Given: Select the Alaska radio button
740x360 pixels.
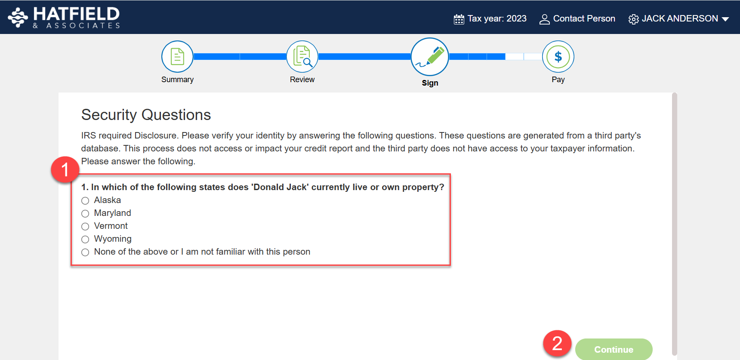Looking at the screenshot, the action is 85,200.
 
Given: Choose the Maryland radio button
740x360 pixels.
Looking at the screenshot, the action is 85,213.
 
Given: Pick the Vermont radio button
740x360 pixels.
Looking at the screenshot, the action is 85,226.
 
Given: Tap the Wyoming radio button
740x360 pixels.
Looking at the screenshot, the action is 85,239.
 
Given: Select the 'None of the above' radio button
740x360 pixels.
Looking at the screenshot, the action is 85,252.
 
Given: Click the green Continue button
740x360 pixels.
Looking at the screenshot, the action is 614,349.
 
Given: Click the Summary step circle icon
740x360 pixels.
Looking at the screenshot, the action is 177,56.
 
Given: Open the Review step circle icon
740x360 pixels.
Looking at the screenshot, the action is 302,56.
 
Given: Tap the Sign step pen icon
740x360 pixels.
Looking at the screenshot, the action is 430,57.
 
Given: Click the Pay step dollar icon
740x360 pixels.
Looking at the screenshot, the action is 558,56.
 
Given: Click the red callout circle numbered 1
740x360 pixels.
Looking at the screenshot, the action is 65,169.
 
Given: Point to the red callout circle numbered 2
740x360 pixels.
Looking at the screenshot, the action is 557,343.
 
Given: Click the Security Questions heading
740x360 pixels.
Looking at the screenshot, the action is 146,115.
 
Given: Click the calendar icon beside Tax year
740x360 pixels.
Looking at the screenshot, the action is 459,19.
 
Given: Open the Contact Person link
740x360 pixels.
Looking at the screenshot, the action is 577,19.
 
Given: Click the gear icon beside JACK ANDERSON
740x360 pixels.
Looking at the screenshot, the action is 633,19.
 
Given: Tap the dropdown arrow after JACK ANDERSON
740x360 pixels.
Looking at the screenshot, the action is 725,19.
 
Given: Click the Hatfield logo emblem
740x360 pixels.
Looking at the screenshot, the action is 18,17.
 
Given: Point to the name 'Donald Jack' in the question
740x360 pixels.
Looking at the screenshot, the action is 280,187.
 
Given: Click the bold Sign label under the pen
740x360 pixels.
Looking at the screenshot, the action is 430,83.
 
